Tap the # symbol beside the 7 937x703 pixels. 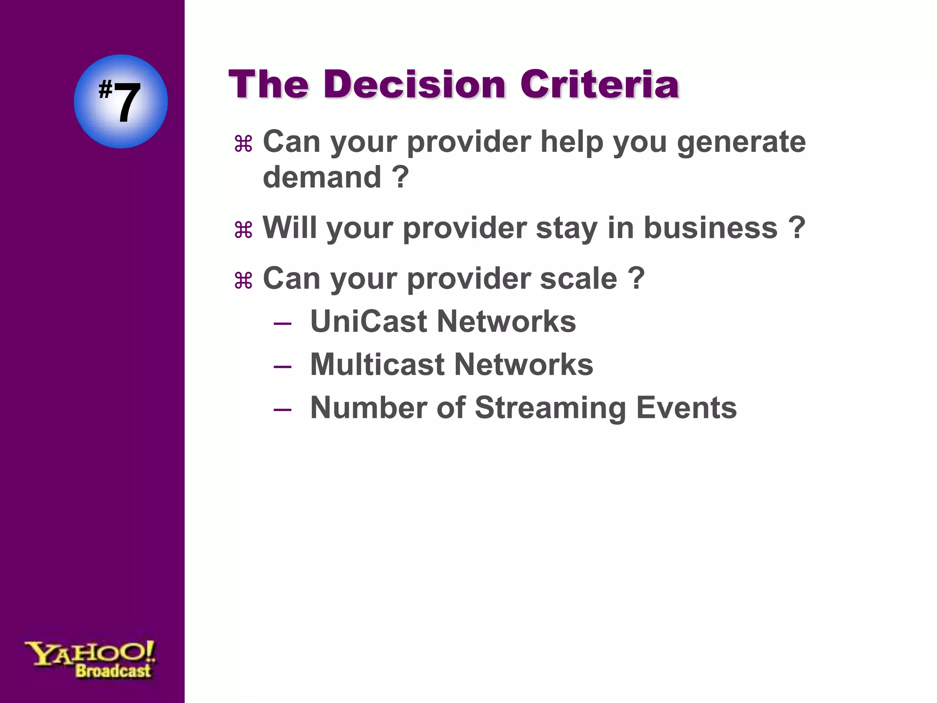[105, 89]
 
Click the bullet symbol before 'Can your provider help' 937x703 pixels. [243, 144]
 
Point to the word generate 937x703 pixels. [741, 142]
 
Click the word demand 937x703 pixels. [322, 177]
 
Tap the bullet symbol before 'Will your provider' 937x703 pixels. [243, 230]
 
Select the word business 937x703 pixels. [710, 227]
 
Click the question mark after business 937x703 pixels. [797, 227]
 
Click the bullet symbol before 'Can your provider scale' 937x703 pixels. [243, 281]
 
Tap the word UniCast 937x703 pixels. [368, 321]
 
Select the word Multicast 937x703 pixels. [377, 365]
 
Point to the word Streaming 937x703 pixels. [550, 408]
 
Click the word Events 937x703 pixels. [686, 407]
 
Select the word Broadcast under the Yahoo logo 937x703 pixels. [113, 671]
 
